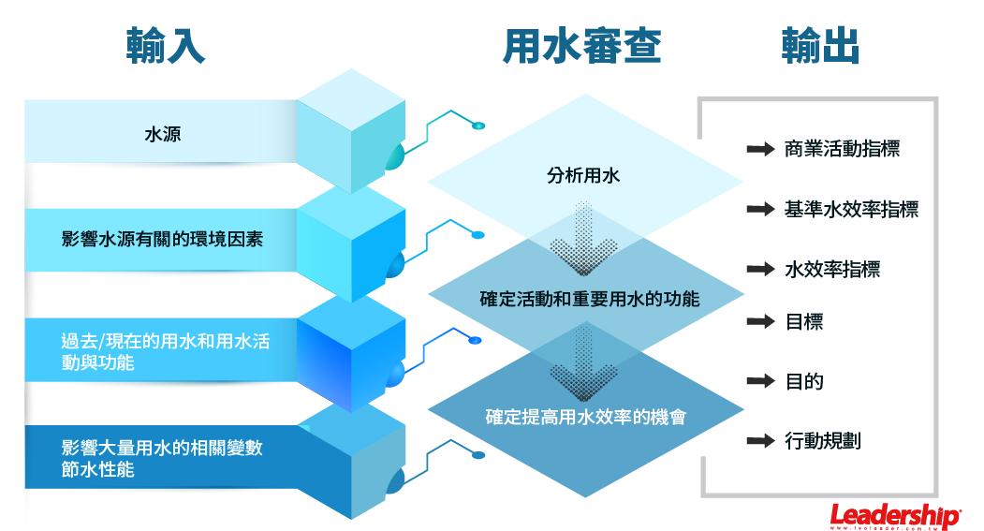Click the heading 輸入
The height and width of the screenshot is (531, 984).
(x=166, y=46)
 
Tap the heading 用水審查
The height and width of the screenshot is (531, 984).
(x=581, y=46)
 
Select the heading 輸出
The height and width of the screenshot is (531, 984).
(x=821, y=46)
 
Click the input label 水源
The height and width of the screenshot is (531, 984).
(x=163, y=134)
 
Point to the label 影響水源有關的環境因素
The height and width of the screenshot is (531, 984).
(x=162, y=239)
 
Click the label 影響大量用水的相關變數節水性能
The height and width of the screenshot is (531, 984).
(x=162, y=458)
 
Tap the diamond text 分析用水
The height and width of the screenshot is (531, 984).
(x=583, y=175)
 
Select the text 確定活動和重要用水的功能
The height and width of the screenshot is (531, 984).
(x=589, y=300)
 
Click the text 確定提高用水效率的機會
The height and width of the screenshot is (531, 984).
(x=586, y=417)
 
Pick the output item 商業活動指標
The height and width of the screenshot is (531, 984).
(x=842, y=149)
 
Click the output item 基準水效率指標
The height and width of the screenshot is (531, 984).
(x=851, y=209)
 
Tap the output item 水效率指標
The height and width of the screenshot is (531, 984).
(x=832, y=270)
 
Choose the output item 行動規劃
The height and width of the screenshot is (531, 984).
(x=823, y=440)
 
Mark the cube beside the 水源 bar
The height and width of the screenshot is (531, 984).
(x=351, y=131)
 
